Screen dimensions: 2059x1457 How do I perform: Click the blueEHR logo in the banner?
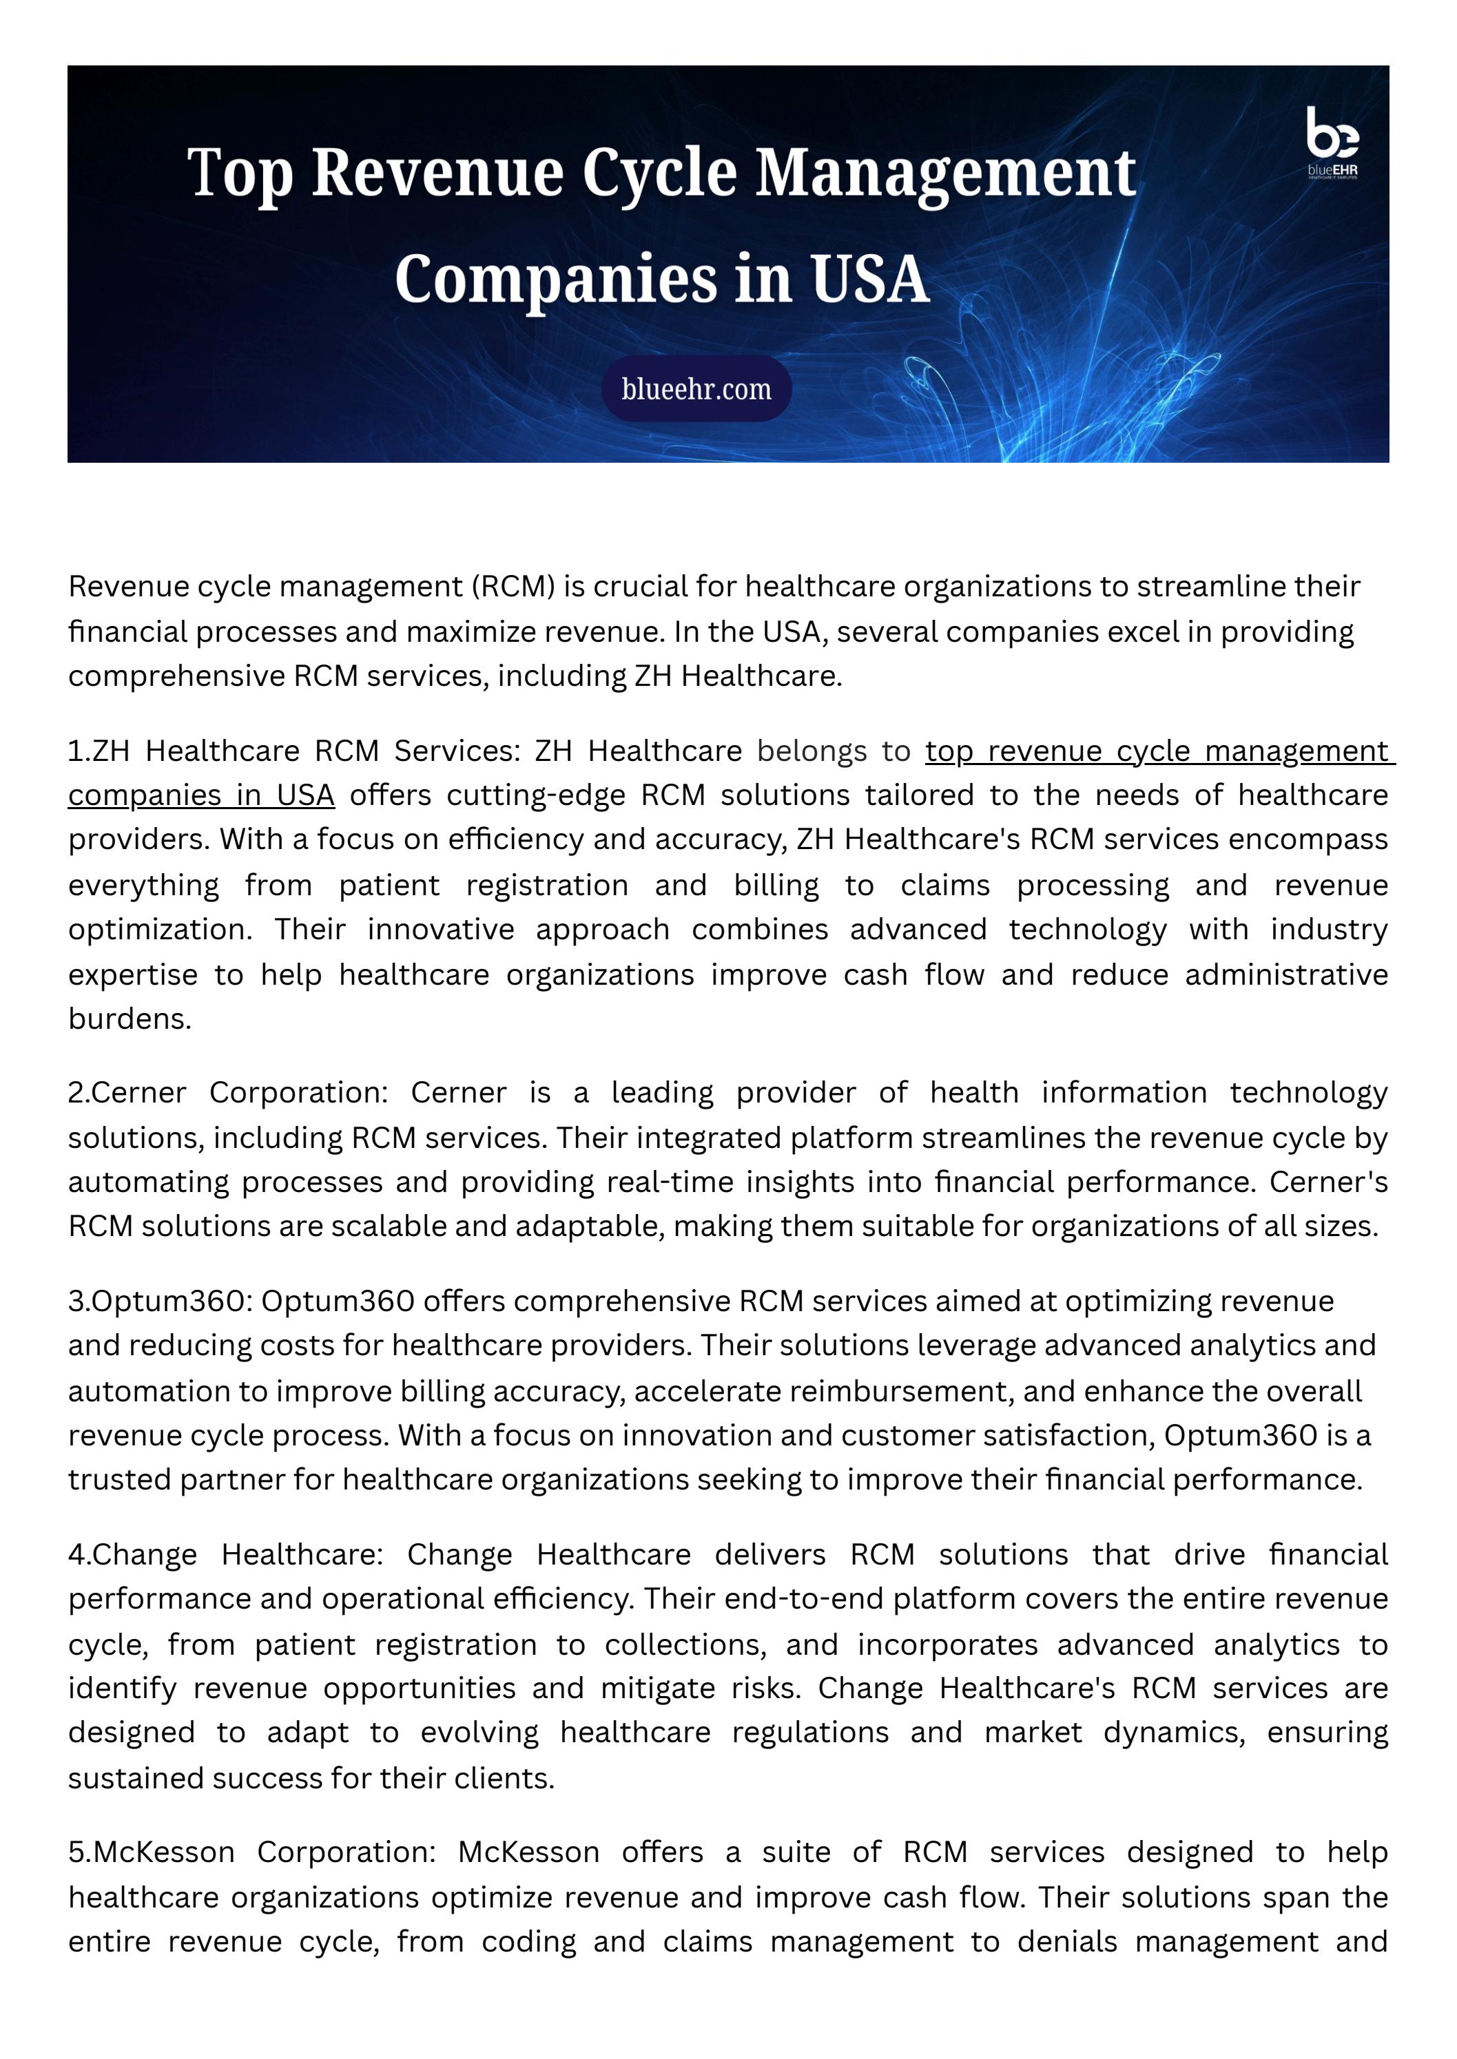tap(1332, 143)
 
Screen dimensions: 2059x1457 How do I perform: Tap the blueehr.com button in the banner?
tap(696, 388)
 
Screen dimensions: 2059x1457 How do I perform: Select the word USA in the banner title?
tap(869, 279)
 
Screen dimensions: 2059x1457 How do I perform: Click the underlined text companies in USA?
tap(201, 795)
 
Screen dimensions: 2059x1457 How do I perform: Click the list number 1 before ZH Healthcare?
tap(74, 751)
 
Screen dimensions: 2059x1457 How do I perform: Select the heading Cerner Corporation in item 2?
tap(238, 1093)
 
